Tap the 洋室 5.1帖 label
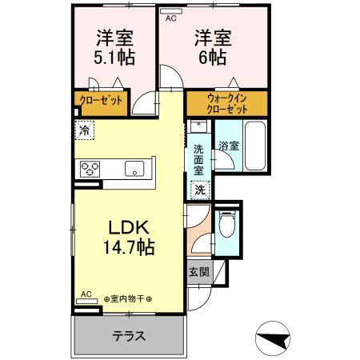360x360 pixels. coord(114,48)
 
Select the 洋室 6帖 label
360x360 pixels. coord(212,48)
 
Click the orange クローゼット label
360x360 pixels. coord(100,101)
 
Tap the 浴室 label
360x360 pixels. coord(229,146)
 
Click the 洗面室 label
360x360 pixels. coord(199,158)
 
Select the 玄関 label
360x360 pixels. coord(199,272)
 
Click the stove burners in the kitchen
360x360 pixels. coord(89,167)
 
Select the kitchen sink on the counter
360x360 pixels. coord(133,168)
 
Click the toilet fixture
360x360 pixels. coord(227,225)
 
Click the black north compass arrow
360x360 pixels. coord(276,339)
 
